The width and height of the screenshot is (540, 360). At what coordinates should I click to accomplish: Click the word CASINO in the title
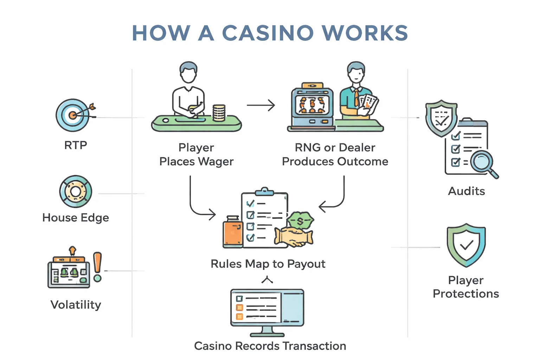(268, 33)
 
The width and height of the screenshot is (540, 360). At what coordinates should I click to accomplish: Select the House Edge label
(76, 218)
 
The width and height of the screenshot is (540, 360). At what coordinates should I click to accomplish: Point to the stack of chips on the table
(219, 113)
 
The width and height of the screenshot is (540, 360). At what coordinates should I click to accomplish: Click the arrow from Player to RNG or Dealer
(261, 105)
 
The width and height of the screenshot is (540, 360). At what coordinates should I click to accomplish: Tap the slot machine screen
(312, 104)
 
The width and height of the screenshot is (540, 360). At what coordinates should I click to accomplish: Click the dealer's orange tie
(356, 98)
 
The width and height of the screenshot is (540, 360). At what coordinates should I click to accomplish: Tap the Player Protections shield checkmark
(466, 245)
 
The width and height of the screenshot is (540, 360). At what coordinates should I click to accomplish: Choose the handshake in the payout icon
(294, 237)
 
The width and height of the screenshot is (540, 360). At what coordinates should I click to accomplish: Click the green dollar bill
(300, 220)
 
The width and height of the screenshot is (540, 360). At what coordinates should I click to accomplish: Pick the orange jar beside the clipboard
(233, 232)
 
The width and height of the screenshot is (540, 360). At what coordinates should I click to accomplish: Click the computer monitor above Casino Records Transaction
(267, 308)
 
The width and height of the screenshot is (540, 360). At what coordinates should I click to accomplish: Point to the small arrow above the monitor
(267, 280)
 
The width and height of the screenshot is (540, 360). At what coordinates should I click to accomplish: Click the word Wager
(216, 162)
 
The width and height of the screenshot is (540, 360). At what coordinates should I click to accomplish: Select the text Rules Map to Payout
(268, 264)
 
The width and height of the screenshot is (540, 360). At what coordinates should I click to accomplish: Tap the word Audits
(466, 191)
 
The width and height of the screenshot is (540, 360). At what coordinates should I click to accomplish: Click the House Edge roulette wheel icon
(76, 192)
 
